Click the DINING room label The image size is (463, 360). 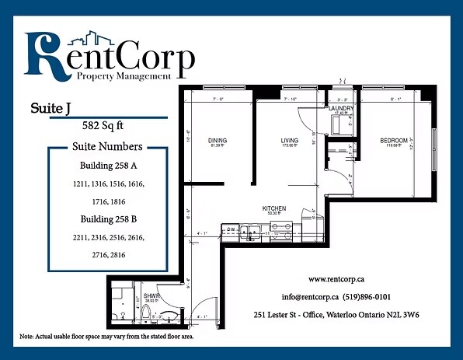pos(217,141)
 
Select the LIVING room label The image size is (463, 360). pos(290,141)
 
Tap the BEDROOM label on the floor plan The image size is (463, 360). pos(394,141)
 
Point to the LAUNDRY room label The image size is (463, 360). pos(342,108)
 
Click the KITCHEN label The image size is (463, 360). pos(274,209)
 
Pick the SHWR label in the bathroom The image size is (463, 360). pos(151,296)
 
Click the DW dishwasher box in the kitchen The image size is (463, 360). pos(231,229)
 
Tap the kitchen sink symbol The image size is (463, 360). pos(250,229)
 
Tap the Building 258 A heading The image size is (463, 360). pos(107,166)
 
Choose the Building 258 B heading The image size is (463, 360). pos(107,219)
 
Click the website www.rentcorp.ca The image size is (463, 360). pos(338,278)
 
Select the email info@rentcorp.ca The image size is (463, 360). pos(310,297)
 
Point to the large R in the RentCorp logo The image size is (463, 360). pos(44,57)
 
